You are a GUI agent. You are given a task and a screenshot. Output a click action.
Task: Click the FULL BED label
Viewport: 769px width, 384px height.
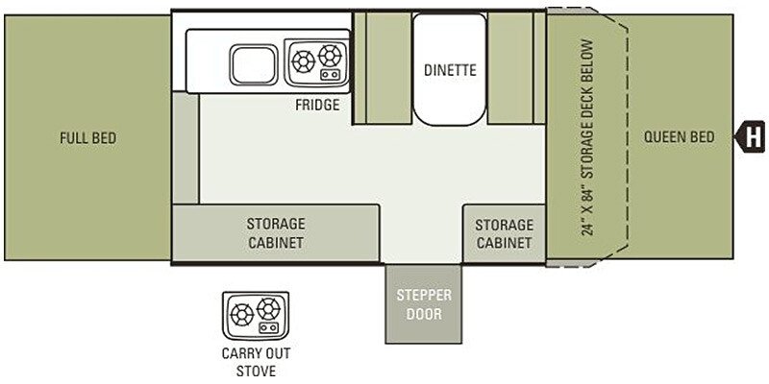87,138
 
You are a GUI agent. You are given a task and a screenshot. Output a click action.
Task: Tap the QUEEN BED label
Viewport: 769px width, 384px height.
680,137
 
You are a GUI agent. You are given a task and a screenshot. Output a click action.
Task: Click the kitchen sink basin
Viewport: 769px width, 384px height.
255,65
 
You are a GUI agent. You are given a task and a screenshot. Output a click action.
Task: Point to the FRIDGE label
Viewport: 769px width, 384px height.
317,105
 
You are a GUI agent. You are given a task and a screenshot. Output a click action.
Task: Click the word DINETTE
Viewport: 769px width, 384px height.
450,70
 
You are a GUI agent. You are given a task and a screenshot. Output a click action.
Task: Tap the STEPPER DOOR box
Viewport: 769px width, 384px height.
424,303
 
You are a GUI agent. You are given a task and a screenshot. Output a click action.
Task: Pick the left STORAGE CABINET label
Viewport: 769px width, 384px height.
275,233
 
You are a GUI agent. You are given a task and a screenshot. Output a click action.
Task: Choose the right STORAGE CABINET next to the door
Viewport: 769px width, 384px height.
504,233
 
